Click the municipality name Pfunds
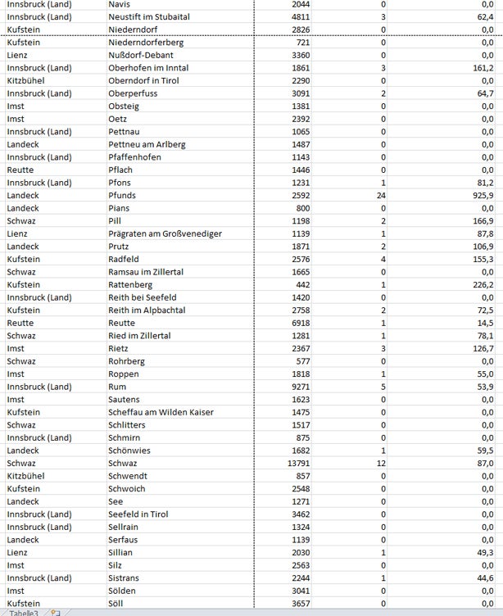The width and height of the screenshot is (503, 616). tap(123, 196)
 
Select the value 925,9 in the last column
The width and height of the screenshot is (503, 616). tap(482, 196)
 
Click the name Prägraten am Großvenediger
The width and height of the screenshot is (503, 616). tap(165, 234)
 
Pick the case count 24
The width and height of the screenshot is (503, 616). tap(381, 196)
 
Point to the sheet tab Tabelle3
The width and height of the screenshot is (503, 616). tap(23, 612)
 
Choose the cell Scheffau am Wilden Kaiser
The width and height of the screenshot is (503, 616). tap(160, 413)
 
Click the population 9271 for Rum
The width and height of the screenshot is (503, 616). tap(299, 387)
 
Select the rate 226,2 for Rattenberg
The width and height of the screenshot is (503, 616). tap(482, 285)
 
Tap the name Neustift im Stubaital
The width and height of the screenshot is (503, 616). tap(149, 16)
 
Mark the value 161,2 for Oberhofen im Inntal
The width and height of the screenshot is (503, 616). tap(482, 68)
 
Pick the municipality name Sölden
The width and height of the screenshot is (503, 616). tap(123, 591)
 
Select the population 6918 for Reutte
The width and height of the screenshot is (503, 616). tap(299, 324)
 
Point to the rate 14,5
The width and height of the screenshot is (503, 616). tap(484, 324)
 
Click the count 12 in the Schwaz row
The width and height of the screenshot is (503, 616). tap(381, 464)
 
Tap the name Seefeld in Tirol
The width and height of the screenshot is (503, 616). tap(138, 514)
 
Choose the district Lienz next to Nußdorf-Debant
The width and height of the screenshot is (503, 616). tap(17, 55)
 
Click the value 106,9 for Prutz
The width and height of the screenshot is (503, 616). tap(482, 247)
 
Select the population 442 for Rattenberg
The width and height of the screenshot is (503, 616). tap(302, 285)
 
